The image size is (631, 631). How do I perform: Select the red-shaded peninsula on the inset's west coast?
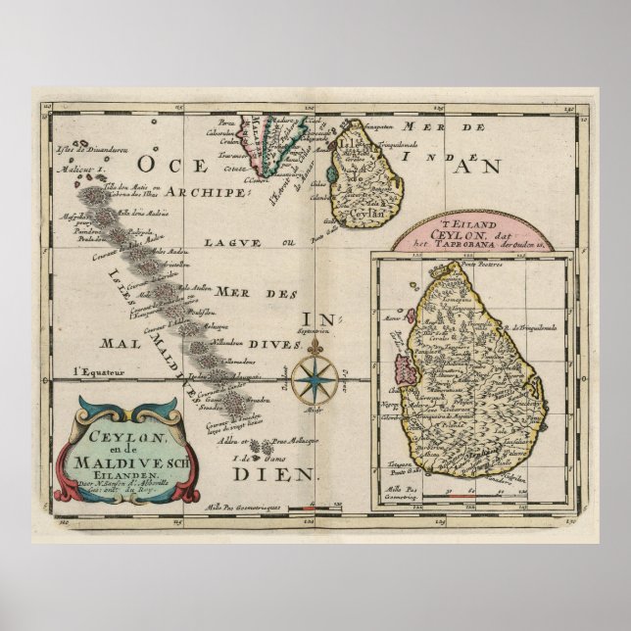pos(403,375)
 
